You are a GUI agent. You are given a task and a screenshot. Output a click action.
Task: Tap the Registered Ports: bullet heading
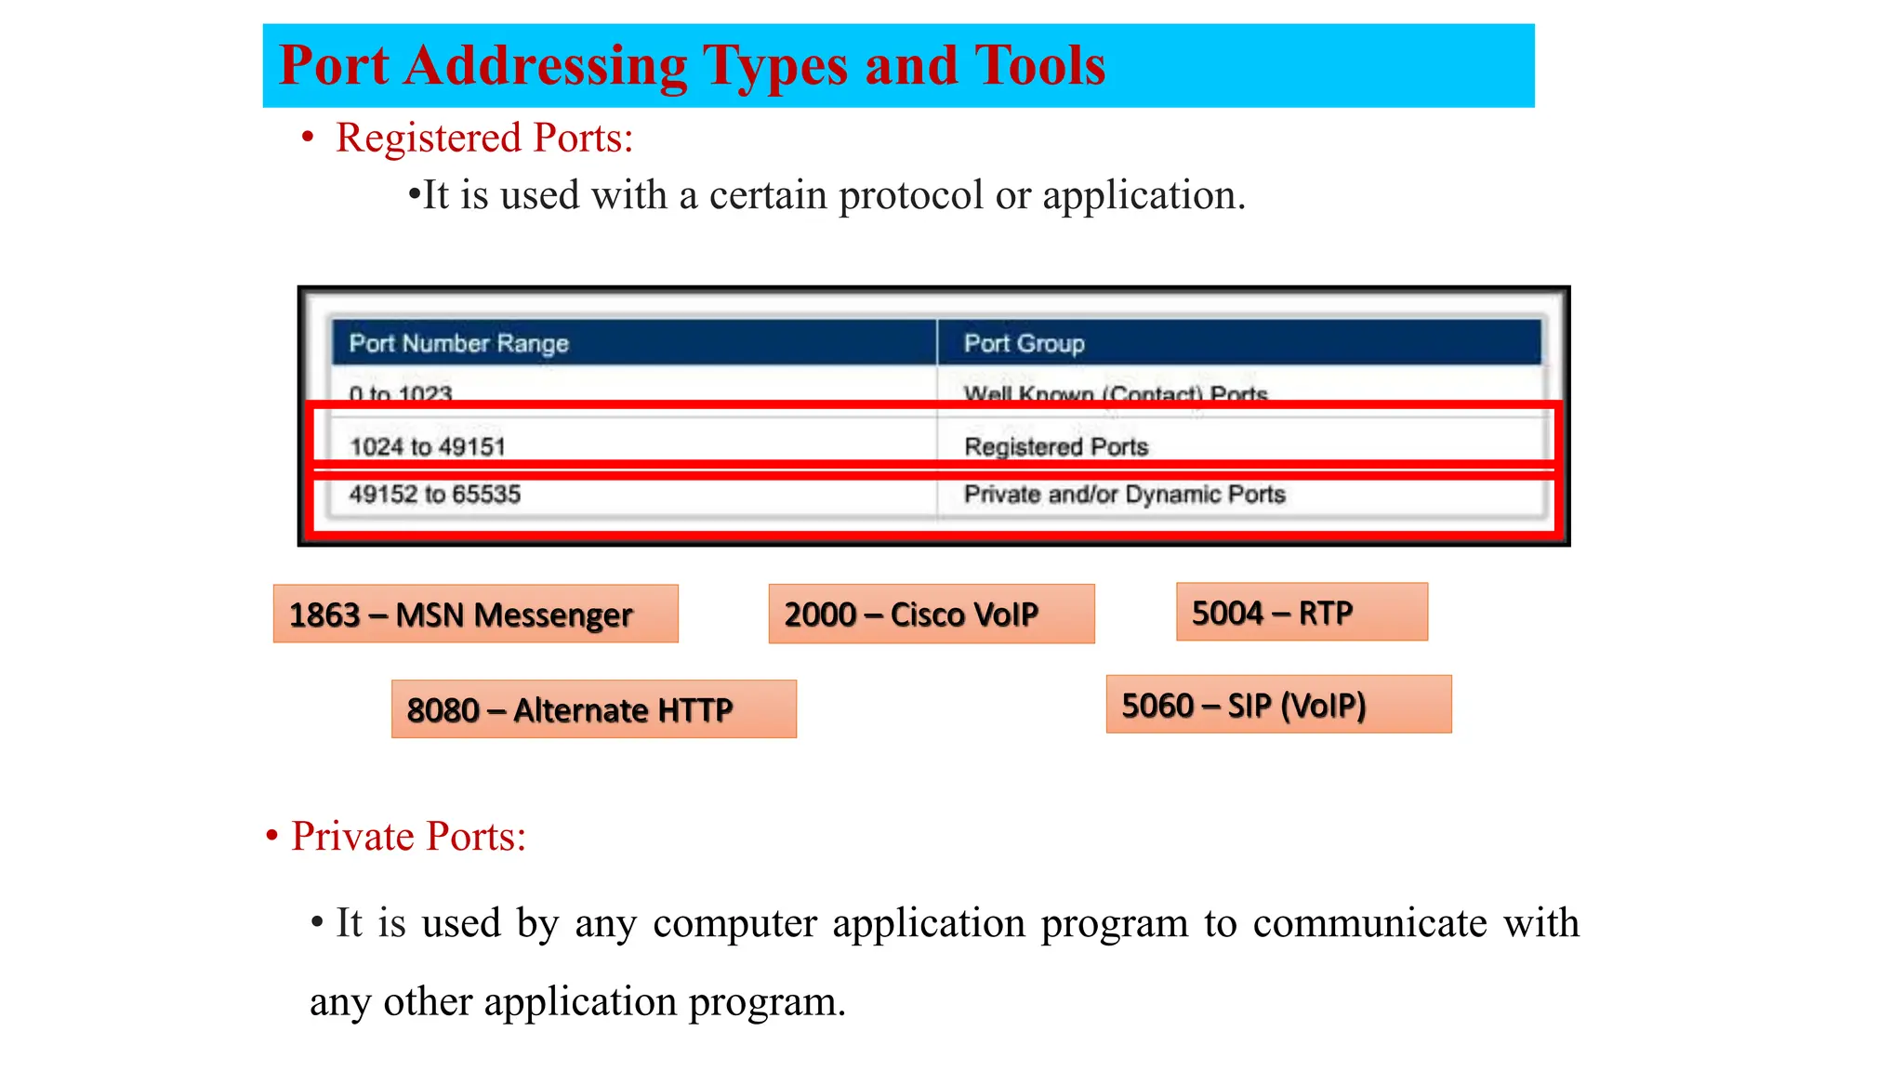(483, 139)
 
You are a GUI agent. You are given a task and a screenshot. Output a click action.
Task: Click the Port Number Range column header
(458, 343)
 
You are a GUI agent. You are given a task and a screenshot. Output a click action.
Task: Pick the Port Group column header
(1024, 343)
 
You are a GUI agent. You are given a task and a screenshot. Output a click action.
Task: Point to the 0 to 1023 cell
(401, 393)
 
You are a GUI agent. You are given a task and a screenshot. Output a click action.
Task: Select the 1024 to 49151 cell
(428, 446)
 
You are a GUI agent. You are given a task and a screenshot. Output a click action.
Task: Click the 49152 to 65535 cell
(434, 494)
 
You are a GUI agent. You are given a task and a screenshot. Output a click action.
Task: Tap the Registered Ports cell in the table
(1056, 446)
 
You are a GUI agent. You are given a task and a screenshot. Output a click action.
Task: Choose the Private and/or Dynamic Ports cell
(1124, 494)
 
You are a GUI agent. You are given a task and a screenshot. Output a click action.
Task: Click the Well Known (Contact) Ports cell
(1116, 393)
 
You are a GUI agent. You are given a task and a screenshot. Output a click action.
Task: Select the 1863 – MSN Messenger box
(475, 614)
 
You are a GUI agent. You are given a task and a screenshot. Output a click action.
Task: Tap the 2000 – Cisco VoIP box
(931, 614)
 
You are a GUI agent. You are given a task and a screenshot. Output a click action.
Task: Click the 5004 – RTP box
(1301, 612)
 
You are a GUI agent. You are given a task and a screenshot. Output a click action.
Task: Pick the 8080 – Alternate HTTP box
(593, 709)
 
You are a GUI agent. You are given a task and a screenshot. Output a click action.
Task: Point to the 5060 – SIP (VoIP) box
(1278, 705)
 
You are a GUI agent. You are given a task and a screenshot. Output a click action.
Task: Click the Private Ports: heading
(408, 836)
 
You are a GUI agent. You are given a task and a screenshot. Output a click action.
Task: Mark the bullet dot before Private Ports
(271, 836)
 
